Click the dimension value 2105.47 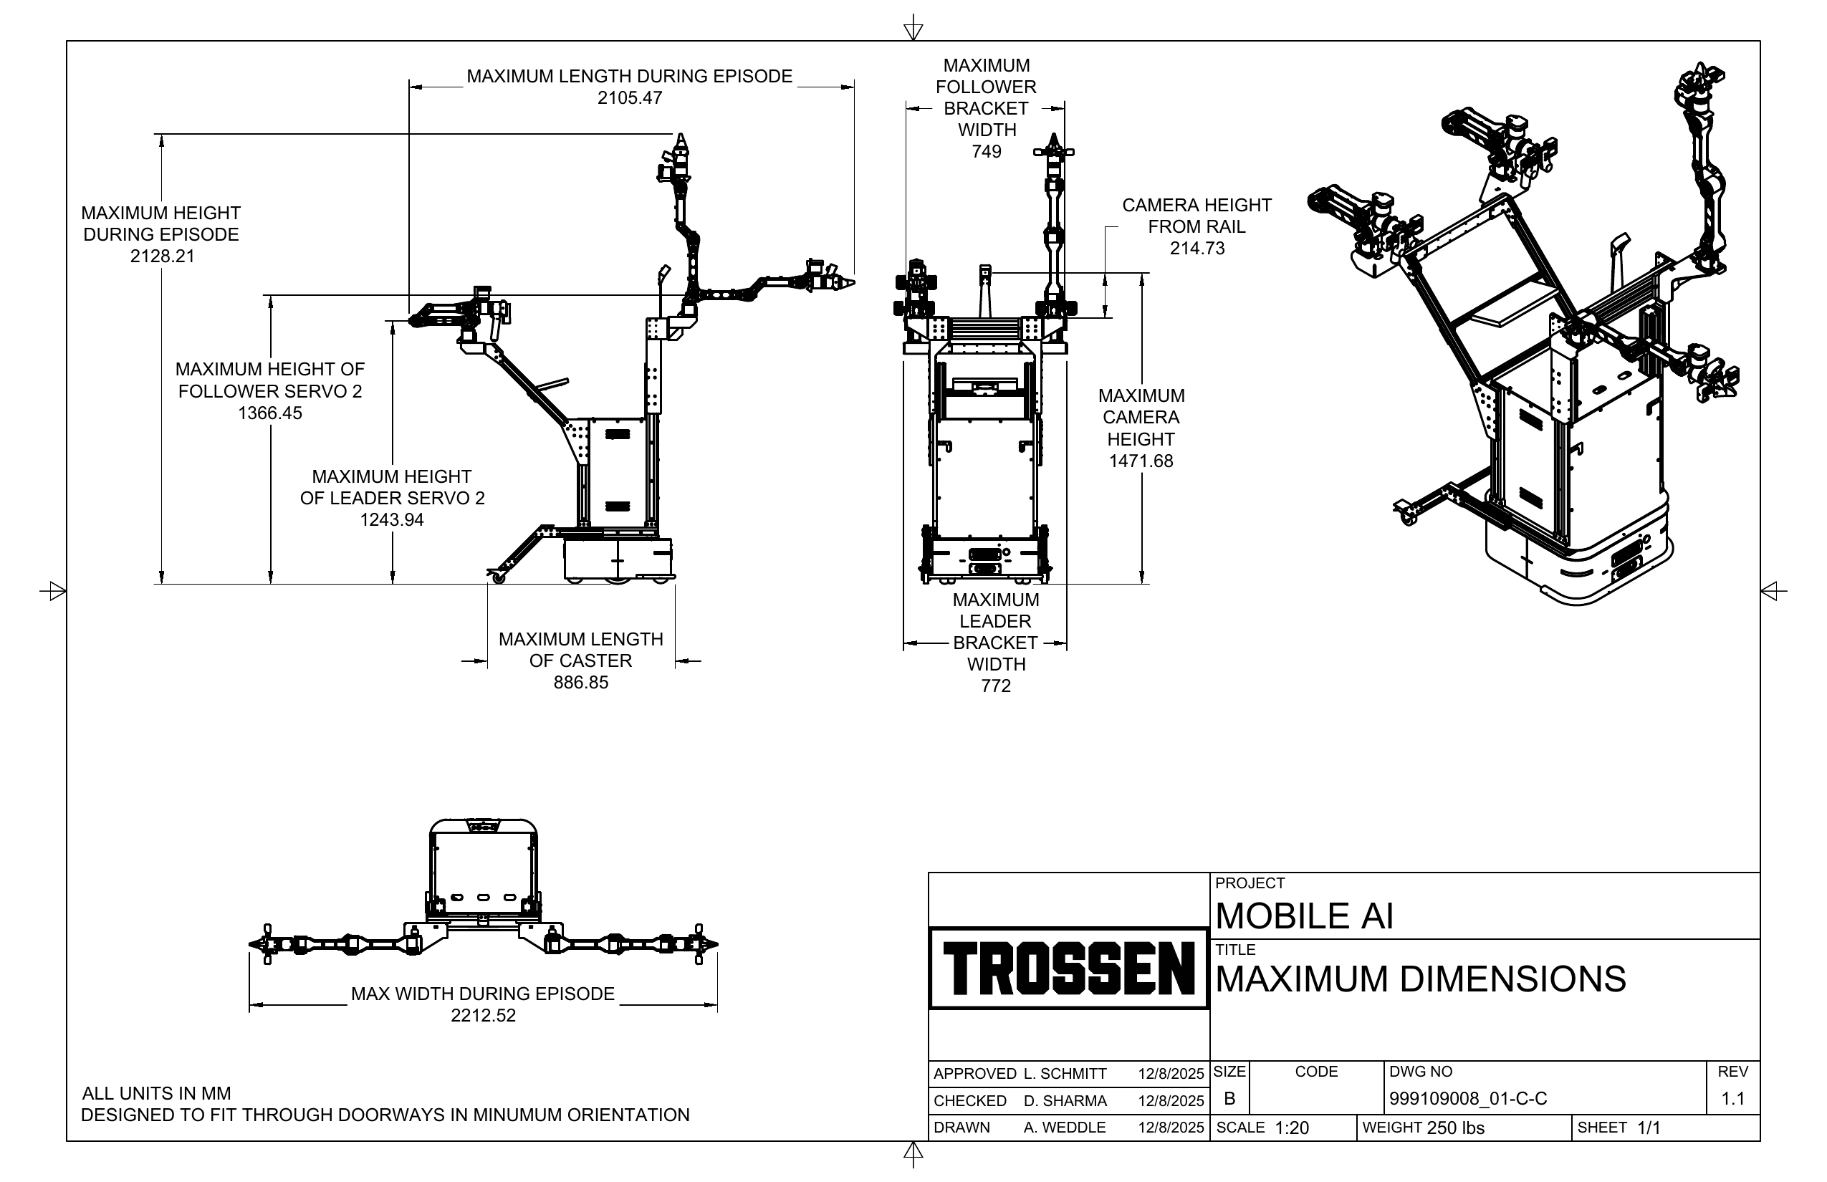630,98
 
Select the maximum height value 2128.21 162,256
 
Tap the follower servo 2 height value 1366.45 270,413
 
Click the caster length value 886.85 580,682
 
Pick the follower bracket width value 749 987,151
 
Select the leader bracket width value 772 996,686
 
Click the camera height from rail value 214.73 1197,248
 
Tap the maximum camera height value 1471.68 1141,461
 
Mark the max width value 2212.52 483,1016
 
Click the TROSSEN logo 1068,969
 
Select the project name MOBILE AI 1303,916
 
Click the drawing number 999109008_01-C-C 1468,1099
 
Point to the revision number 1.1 1732,1099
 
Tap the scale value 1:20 1291,1128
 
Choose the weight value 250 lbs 1455,1128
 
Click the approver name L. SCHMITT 1065,1074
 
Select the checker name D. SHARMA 1065,1100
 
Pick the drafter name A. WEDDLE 1065,1128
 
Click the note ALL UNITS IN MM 156,1093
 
